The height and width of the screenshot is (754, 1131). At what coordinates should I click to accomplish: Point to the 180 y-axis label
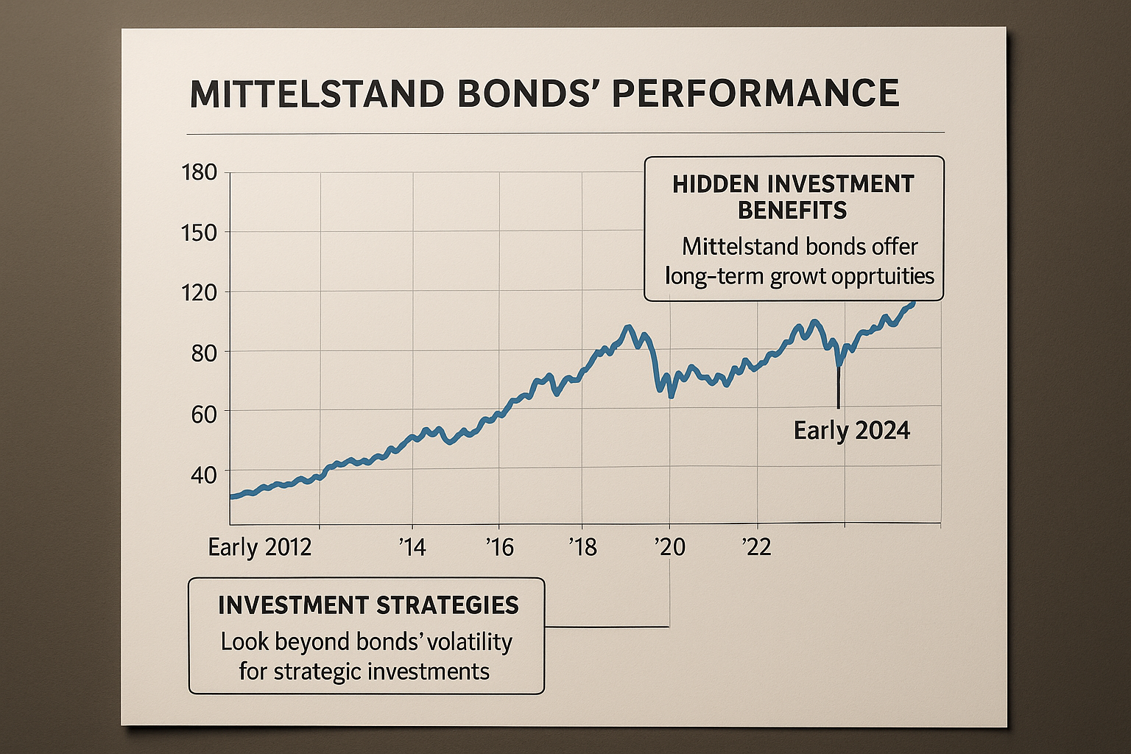(x=199, y=172)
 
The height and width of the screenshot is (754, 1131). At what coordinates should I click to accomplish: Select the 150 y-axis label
(x=199, y=233)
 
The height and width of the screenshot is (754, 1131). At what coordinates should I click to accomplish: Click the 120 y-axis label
(x=199, y=293)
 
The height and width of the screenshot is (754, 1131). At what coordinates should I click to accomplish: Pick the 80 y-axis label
(x=203, y=353)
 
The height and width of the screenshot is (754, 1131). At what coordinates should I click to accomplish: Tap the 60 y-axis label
(x=203, y=414)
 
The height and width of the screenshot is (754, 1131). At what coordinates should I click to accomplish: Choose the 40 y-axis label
(x=203, y=475)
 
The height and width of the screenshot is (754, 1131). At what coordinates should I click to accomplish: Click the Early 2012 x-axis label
(x=260, y=547)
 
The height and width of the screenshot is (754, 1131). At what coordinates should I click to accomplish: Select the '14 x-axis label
(x=412, y=547)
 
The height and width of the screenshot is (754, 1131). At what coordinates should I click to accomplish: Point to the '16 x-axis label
(x=499, y=547)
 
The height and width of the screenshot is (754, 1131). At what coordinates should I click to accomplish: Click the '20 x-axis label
(x=669, y=547)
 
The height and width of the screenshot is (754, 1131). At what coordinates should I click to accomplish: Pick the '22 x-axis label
(x=755, y=547)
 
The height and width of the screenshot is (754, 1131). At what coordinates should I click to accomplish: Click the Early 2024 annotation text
(x=852, y=430)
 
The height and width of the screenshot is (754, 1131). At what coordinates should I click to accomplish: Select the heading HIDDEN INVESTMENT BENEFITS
(x=793, y=197)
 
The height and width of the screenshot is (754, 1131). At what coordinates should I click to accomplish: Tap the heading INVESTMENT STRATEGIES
(x=368, y=605)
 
